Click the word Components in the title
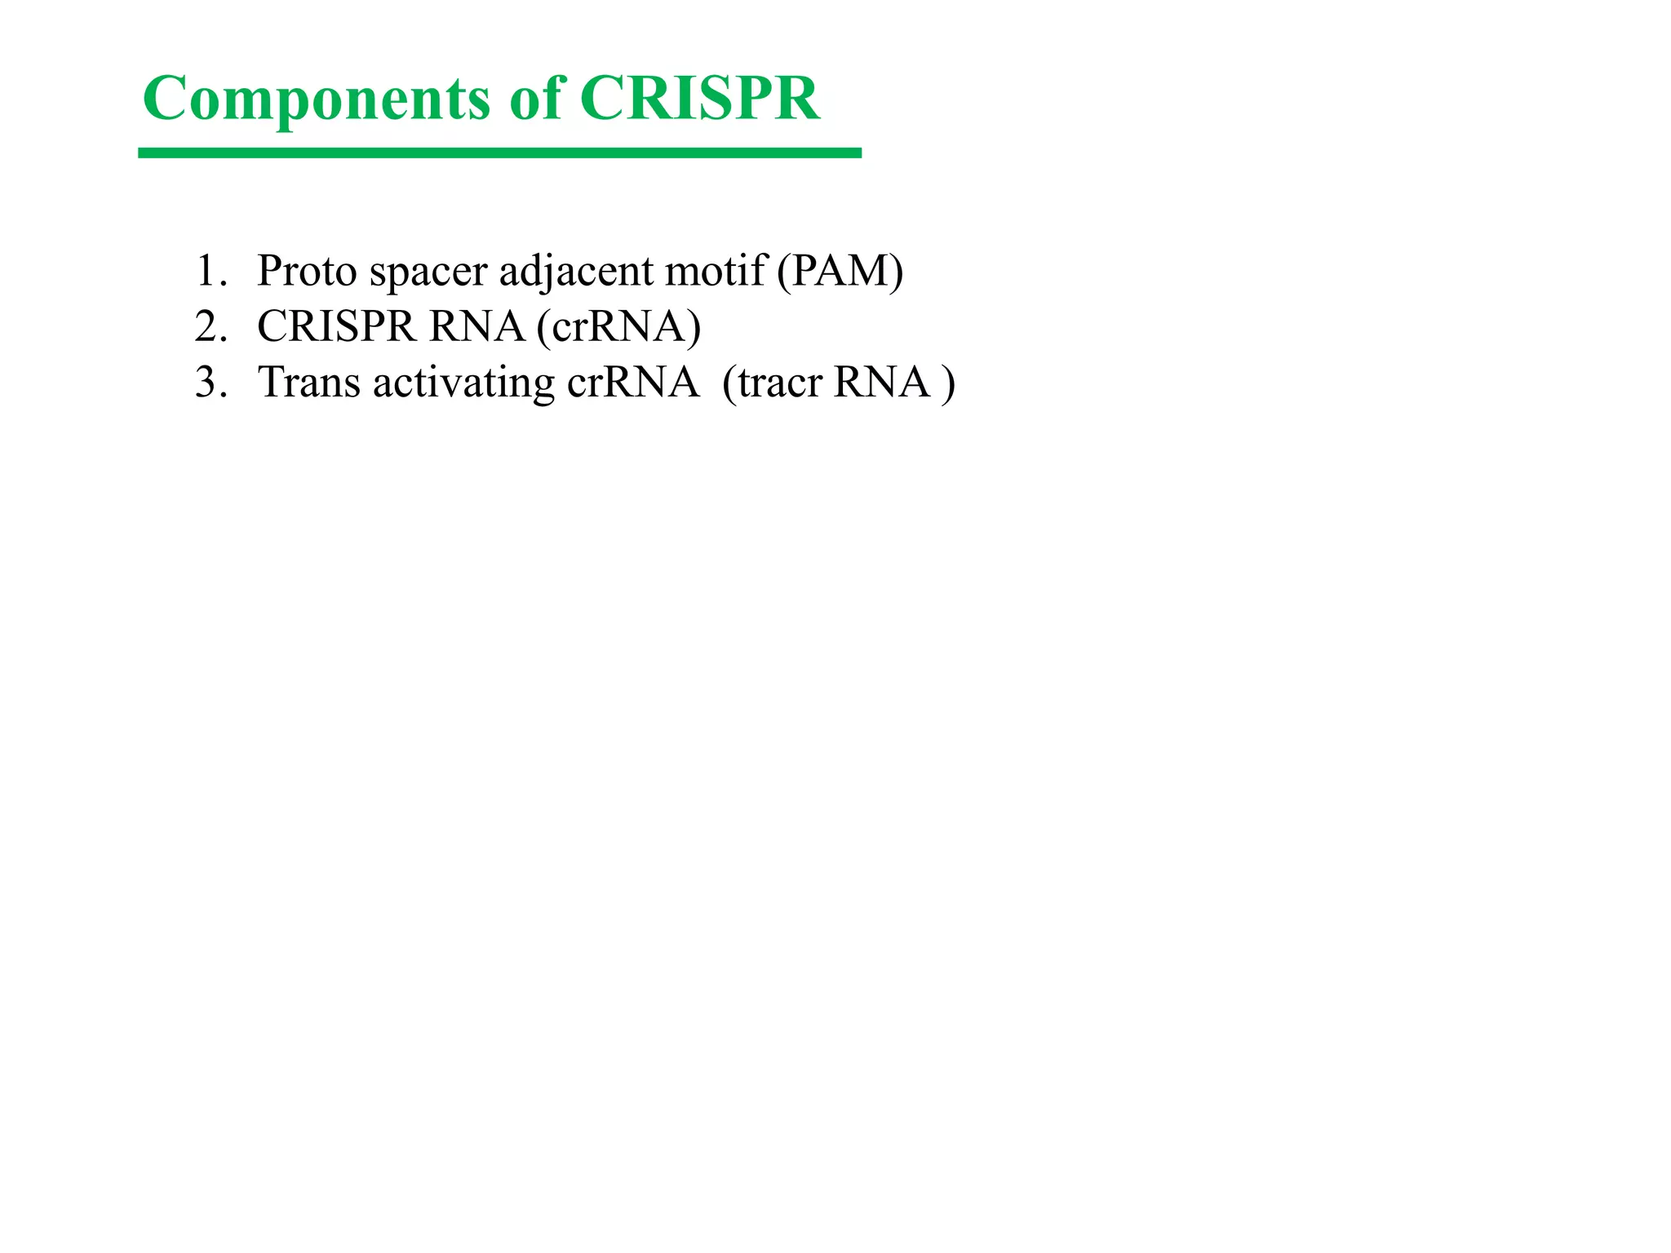point(317,100)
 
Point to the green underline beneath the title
point(499,153)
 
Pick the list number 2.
point(209,326)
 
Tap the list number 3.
point(209,382)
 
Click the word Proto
point(307,271)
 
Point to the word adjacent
point(576,272)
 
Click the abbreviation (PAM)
point(840,271)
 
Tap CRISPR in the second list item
point(336,326)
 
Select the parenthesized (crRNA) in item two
point(618,326)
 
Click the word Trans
point(308,382)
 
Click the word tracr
point(779,383)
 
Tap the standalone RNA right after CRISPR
point(476,326)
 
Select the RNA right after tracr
point(881,382)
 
